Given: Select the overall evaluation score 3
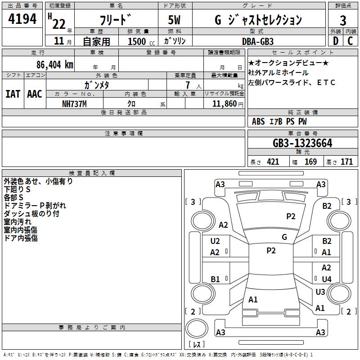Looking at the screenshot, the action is pyautogui.click(x=343, y=20).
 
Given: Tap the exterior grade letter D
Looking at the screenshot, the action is pyautogui.click(x=335, y=40).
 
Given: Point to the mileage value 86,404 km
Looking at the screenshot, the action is pyautogui.click(x=55, y=64).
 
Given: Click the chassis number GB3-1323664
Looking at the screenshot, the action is pyautogui.click(x=302, y=144).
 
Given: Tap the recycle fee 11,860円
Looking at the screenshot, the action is pyautogui.click(x=229, y=103).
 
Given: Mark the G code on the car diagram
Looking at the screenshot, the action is pyautogui.click(x=284, y=237).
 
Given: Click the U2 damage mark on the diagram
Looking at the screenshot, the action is pyautogui.click(x=215, y=241).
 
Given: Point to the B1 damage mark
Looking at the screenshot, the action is pyautogui.click(x=215, y=279).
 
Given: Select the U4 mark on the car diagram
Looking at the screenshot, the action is pyautogui.click(x=326, y=279).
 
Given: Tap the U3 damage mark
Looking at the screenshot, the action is pyautogui.click(x=320, y=292).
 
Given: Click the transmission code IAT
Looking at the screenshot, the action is pyautogui.click(x=13, y=94).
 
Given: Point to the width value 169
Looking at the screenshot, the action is pyautogui.click(x=310, y=162).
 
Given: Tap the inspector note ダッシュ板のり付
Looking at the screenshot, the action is pyautogui.click(x=31, y=214).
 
